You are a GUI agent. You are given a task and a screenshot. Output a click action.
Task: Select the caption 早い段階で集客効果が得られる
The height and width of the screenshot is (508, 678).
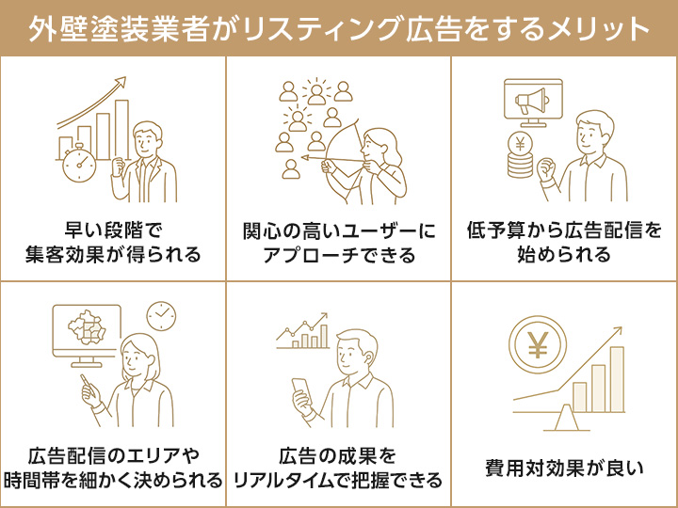point(113,243)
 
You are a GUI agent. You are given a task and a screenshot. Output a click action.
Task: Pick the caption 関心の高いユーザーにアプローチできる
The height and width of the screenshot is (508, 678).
point(339,243)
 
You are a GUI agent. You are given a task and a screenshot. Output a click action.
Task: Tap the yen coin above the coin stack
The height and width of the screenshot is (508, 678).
point(519,144)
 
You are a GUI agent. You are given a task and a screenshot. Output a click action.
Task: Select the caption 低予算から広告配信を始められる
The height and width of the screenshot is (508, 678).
point(564,243)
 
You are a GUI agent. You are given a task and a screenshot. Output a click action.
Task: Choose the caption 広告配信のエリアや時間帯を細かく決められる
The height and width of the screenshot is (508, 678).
point(113,468)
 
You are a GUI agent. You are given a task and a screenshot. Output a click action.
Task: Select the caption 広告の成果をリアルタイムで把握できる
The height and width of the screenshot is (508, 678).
point(339,468)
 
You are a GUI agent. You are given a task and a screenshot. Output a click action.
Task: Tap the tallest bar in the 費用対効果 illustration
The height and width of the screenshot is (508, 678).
point(617,375)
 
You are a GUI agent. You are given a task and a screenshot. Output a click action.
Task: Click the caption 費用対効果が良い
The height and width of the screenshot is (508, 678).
point(564,468)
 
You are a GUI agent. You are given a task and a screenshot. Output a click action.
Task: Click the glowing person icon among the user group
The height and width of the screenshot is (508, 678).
point(317,92)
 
